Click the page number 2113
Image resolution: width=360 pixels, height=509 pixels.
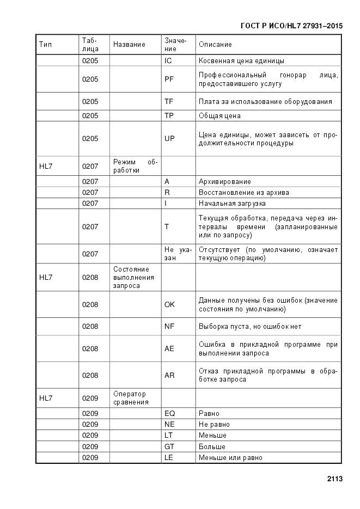click(x=334, y=479)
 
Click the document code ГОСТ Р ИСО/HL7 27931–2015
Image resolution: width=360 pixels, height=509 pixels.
click(x=291, y=26)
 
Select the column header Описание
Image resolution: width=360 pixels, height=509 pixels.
click(x=215, y=45)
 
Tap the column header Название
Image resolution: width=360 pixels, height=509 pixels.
click(x=129, y=45)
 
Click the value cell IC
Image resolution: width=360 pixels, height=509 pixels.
click(x=168, y=61)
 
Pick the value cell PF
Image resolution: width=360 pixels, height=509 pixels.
click(x=169, y=79)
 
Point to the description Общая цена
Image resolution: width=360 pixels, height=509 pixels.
click(x=219, y=116)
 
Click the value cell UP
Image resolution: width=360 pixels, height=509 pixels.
click(x=169, y=139)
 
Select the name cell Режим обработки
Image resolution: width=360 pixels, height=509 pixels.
click(x=135, y=166)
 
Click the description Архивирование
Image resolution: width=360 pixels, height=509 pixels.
click(x=225, y=182)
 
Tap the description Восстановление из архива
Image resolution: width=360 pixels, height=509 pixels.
click(x=244, y=193)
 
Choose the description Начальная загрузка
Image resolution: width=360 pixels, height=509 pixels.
click(x=232, y=204)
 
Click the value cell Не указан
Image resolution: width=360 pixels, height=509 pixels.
click(x=178, y=254)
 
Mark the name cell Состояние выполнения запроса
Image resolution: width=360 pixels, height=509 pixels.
click(x=133, y=277)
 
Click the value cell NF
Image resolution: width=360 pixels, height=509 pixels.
click(x=169, y=327)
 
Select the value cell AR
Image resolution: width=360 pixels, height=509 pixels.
click(x=169, y=375)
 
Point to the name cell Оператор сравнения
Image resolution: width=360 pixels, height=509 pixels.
click(x=131, y=398)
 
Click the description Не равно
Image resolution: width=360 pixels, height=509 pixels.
click(x=214, y=425)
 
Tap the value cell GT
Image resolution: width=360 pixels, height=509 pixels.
click(x=169, y=446)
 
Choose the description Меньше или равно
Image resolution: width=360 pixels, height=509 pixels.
click(x=230, y=458)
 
